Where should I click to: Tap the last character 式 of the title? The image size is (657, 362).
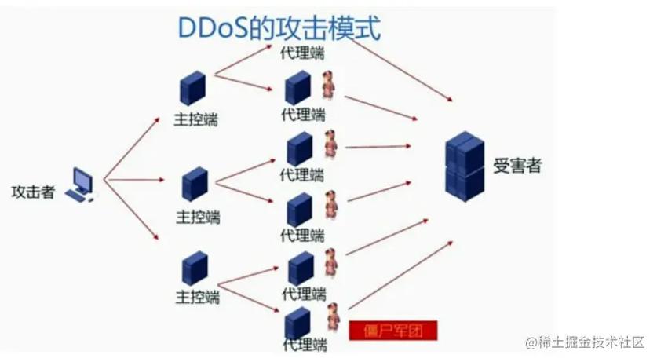tap(367, 29)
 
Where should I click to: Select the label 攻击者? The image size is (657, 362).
tap(33, 192)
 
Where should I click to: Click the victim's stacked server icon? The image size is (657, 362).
tap(464, 166)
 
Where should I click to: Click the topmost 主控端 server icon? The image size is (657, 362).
tap(191, 88)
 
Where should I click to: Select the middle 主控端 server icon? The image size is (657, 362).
tap(195, 184)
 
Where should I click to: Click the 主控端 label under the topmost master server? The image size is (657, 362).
tap(195, 119)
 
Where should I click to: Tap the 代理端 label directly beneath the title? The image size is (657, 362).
tap(302, 53)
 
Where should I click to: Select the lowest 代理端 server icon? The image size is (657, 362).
tap(297, 323)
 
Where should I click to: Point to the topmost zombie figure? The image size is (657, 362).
tap(328, 85)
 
